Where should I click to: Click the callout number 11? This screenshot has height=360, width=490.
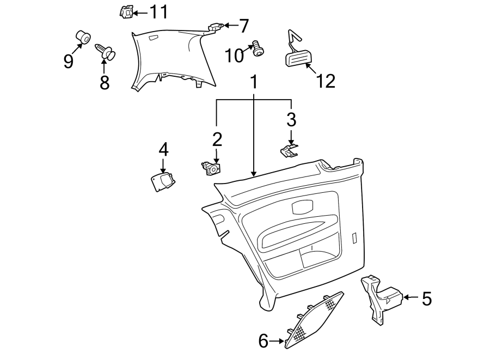tap(159, 11)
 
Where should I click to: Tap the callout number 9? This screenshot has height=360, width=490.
tap(68, 61)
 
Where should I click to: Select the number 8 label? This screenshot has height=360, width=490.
tap(104, 82)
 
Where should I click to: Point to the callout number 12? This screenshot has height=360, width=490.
tap(326, 81)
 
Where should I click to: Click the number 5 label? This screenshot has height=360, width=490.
tap(426, 298)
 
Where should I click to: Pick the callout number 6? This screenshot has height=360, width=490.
tap(264, 341)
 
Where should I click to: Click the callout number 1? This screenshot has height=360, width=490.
tap(253, 83)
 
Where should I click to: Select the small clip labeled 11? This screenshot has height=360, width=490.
tap(127, 11)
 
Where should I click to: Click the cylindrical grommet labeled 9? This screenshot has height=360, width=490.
tap(83, 38)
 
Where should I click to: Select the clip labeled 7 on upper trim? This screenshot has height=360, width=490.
tap(215, 25)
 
